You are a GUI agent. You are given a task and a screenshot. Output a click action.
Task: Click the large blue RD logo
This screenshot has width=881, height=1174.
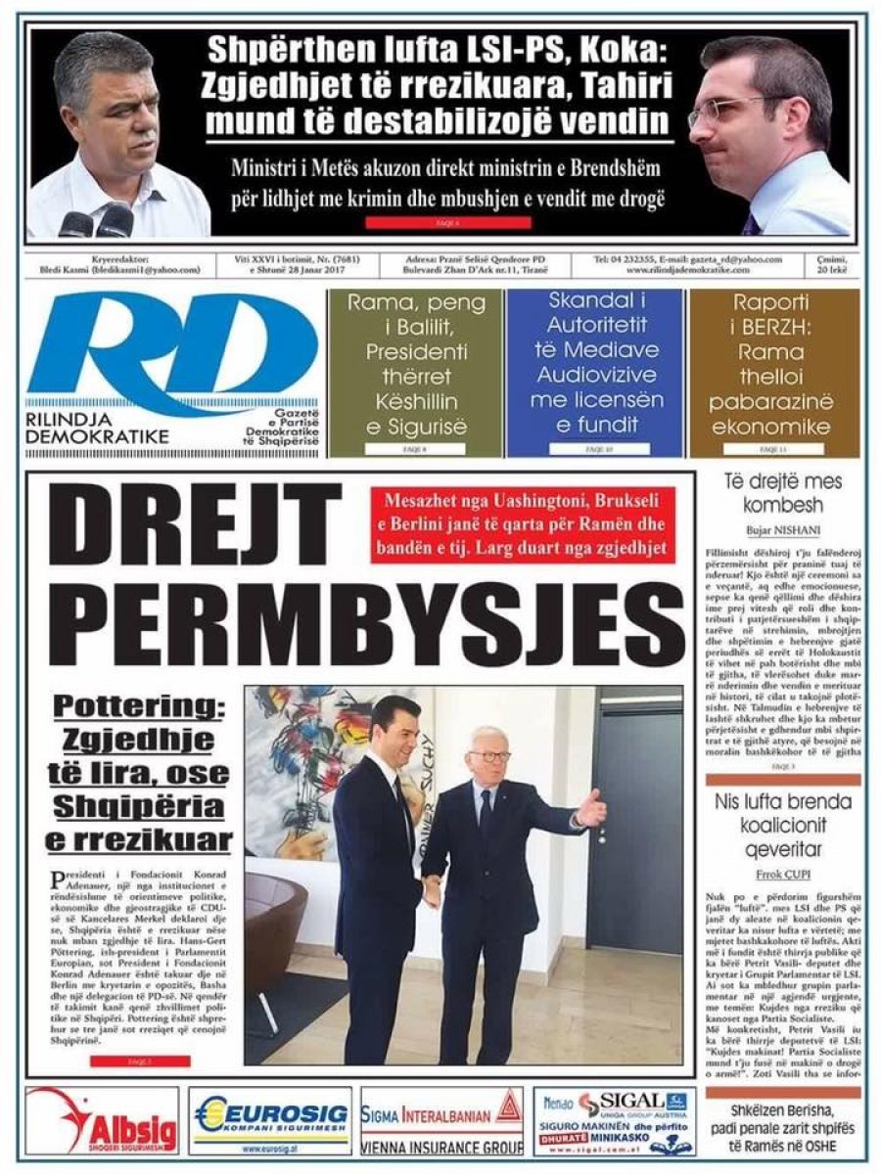pyautogui.click(x=171, y=347)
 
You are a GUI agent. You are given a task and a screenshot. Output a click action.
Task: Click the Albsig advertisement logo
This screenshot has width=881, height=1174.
pyautogui.click(x=103, y=1120)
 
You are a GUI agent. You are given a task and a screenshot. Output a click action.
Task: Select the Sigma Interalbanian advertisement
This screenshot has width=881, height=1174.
pyautogui.click(x=441, y=1120)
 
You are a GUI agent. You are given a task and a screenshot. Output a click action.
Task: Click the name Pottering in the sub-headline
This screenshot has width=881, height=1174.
pyautogui.click(x=139, y=705)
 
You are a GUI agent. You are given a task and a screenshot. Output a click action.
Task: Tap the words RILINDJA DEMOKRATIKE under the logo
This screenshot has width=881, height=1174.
pyautogui.click(x=98, y=428)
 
